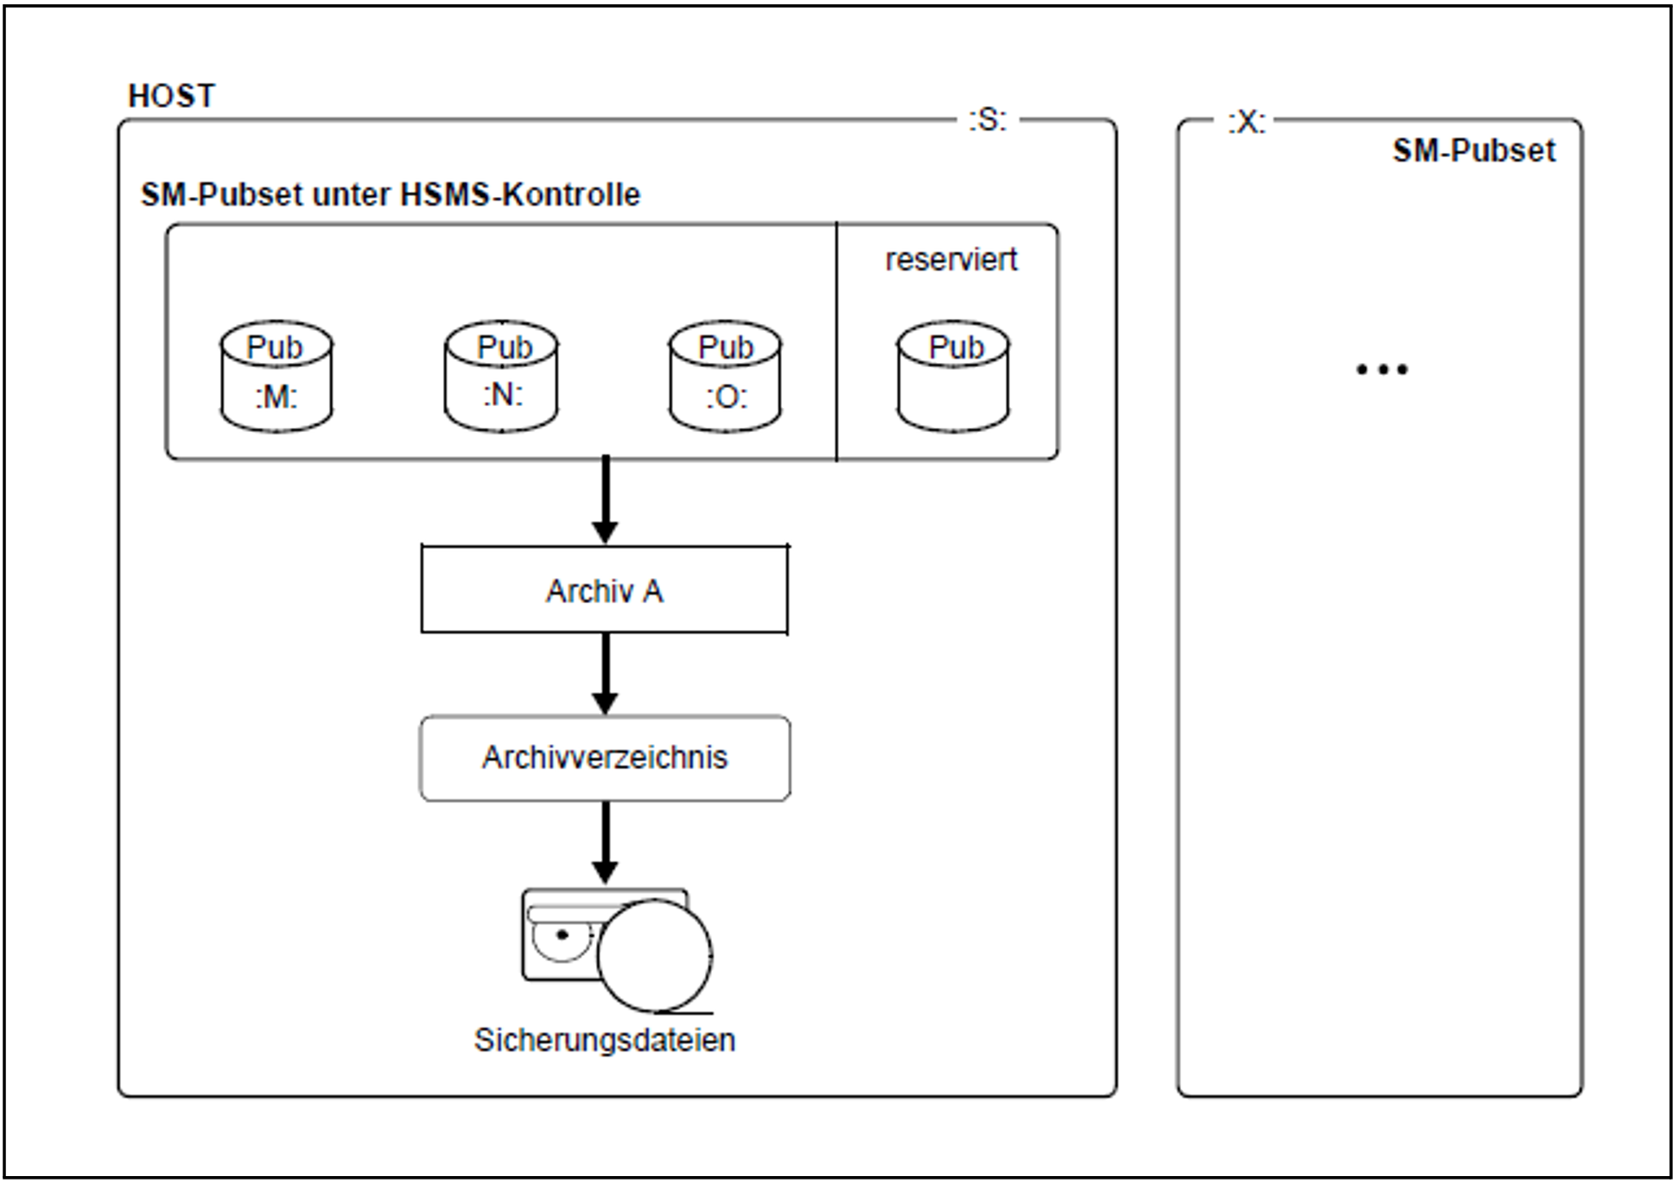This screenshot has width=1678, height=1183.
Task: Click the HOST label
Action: (171, 95)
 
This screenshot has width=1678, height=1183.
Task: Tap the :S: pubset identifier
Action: (988, 119)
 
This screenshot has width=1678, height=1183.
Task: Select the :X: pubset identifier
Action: (1247, 122)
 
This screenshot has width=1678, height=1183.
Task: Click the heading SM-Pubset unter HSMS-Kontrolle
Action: (391, 194)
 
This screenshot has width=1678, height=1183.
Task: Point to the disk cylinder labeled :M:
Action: (276, 377)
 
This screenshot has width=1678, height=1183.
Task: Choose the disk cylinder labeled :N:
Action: (502, 376)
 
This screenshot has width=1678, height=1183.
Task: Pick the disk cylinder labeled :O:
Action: (726, 377)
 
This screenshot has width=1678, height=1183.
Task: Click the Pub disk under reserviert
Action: (953, 377)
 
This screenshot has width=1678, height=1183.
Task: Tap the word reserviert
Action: (951, 259)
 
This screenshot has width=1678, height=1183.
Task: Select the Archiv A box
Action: (605, 589)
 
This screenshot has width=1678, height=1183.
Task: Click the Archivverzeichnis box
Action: (605, 758)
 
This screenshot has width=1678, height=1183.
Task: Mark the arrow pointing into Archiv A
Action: (606, 500)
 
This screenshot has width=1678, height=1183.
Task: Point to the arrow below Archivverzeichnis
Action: (606, 843)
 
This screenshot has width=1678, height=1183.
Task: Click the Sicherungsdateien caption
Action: (605, 1040)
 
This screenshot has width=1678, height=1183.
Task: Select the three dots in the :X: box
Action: (1382, 370)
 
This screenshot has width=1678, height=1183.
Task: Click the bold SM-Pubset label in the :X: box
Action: (1474, 151)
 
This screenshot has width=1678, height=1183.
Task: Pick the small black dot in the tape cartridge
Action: (563, 935)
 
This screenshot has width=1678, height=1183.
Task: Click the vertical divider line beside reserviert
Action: (836, 341)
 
